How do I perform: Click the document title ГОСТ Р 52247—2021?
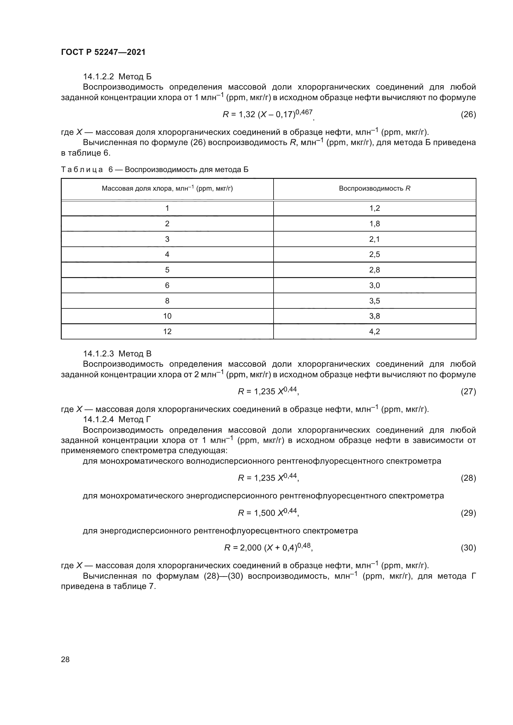tap(103, 52)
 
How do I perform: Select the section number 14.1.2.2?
tap(98, 77)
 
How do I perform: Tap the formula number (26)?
tap(468, 114)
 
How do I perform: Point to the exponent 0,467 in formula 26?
tap(304, 112)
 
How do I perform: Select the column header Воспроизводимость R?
tap(375, 188)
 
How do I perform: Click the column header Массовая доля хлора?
tap(167, 188)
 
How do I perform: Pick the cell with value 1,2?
tap(375, 208)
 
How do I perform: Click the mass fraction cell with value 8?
tap(167, 301)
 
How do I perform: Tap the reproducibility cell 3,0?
tap(375, 285)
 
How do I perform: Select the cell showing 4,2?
tap(375, 331)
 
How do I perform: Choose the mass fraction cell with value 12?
tap(167, 331)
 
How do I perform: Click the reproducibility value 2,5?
tap(375, 254)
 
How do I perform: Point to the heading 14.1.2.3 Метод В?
tap(117, 354)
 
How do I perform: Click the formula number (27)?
tap(468, 391)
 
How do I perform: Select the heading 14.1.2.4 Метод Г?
tap(117, 419)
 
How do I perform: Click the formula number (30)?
tap(468, 547)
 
